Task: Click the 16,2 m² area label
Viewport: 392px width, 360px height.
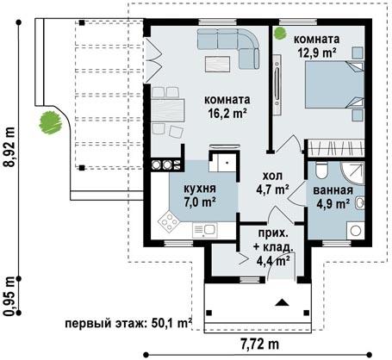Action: pyautogui.click(x=227, y=113)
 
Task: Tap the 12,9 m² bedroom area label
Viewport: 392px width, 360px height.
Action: pyautogui.click(x=317, y=53)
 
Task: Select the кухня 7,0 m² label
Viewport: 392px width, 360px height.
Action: pyautogui.click(x=200, y=195)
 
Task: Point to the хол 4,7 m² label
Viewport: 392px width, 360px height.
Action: pyautogui.click(x=272, y=183)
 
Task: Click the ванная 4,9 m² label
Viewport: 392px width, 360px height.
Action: pyautogui.click(x=333, y=196)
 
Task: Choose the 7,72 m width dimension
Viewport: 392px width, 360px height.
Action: pyautogui.click(x=260, y=344)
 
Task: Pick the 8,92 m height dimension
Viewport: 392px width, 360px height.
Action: pyautogui.click(x=10, y=146)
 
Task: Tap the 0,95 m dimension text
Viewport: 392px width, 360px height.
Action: pyautogui.click(x=10, y=295)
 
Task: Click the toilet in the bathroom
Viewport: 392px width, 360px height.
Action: pyautogui.click(x=321, y=170)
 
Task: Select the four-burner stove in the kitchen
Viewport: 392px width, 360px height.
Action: pyautogui.click(x=168, y=221)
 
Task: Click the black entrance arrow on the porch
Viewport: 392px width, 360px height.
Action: pyautogui.click(x=282, y=302)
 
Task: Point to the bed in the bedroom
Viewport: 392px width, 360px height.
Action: pyautogui.click(x=334, y=84)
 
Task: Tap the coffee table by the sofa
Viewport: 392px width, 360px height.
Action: pyautogui.click(x=217, y=64)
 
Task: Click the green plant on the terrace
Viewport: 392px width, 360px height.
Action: pyautogui.click(x=51, y=122)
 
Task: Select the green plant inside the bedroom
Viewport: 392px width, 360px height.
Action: pyautogui.click(x=280, y=33)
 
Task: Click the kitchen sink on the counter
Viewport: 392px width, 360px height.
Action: pyautogui.click(x=205, y=230)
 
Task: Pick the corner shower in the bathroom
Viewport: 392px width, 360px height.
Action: pyautogui.click(x=352, y=172)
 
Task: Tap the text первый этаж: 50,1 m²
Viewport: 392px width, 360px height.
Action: pyautogui.click(x=128, y=323)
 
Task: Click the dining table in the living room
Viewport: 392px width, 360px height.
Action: pyautogui.click(x=168, y=110)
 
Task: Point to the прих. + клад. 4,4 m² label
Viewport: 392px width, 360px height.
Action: pyautogui.click(x=273, y=246)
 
